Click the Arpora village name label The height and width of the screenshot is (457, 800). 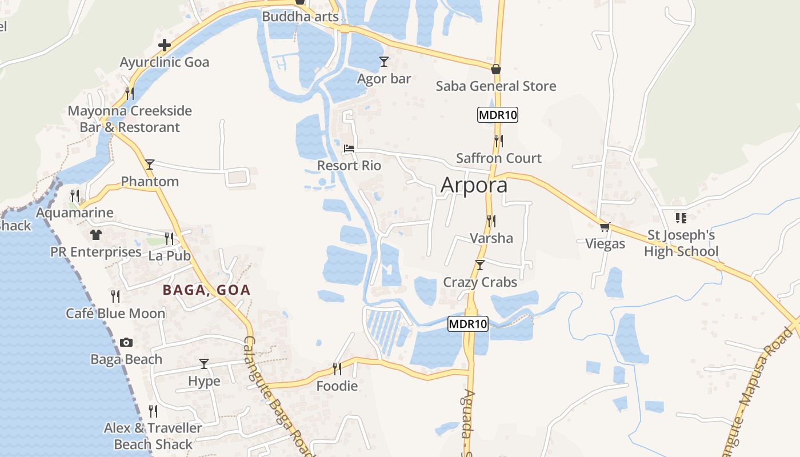pyautogui.click(x=474, y=186)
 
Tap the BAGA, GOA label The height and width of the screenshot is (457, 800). pyautogui.click(x=207, y=290)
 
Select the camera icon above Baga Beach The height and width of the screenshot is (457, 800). pyautogui.click(x=126, y=343)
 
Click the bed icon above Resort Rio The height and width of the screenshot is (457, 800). pyautogui.click(x=349, y=149)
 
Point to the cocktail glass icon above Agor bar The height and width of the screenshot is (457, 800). pyautogui.click(x=384, y=61)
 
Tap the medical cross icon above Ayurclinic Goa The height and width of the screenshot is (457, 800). pyautogui.click(x=165, y=45)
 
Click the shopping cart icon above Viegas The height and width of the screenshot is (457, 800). pyautogui.click(x=605, y=227)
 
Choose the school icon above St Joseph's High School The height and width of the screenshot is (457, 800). pyautogui.click(x=681, y=218)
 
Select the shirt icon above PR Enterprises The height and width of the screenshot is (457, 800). pyautogui.click(x=95, y=235)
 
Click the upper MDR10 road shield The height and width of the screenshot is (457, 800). pyautogui.click(x=498, y=115)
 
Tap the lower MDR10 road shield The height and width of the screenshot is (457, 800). pyautogui.click(x=468, y=324)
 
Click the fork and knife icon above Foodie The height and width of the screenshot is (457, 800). pyautogui.click(x=337, y=369)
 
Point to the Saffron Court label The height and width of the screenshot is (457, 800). pyautogui.click(x=499, y=158)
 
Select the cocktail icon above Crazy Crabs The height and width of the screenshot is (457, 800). pyautogui.click(x=480, y=265)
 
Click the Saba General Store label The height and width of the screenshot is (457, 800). pyautogui.click(x=496, y=86)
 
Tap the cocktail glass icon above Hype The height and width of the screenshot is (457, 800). pyautogui.click(x=204, y=364)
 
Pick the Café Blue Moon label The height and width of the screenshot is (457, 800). pyautogui.click(x=115, y=313)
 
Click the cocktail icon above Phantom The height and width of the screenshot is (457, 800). pyautogui.click(x=150, y=165)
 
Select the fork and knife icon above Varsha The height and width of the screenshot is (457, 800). pyautogui.click(x=491, y=221)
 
